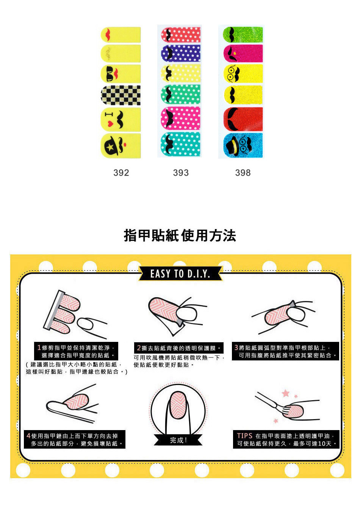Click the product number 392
click(x=121, y=173)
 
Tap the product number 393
click(x=181, y=173)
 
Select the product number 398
click(x=243, y=173)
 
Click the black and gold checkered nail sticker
click(x=121, y=95)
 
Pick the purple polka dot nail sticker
click(x=180, y=53)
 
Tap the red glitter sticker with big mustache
click(x=243, y=119)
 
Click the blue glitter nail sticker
click(x=243, y=145)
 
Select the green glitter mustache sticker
click(x=243, y=34)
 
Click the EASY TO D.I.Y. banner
click(x=180, y=274)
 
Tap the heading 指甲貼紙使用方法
click(x=180, y=235)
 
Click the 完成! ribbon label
click(x=178, y=440)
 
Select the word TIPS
click(x=244, y=436)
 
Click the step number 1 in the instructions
click(x=39, y=348)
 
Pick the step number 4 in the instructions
click(x=28, y=436)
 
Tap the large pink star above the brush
click(x=285, y=393)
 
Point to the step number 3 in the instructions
click(x=236, y=348)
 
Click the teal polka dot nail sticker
click(x=180, y=144)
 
